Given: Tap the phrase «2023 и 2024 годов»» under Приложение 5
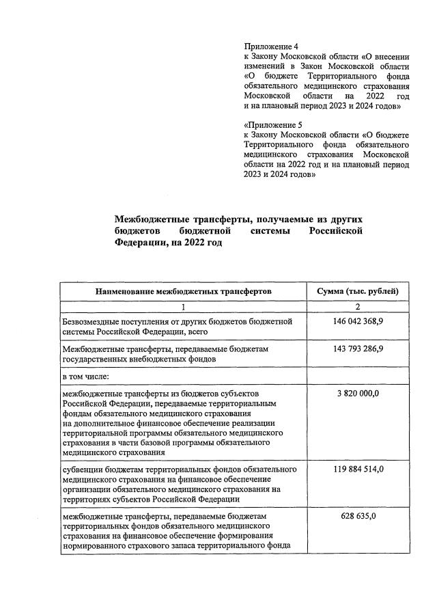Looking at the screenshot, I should click(x=279, y=175).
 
